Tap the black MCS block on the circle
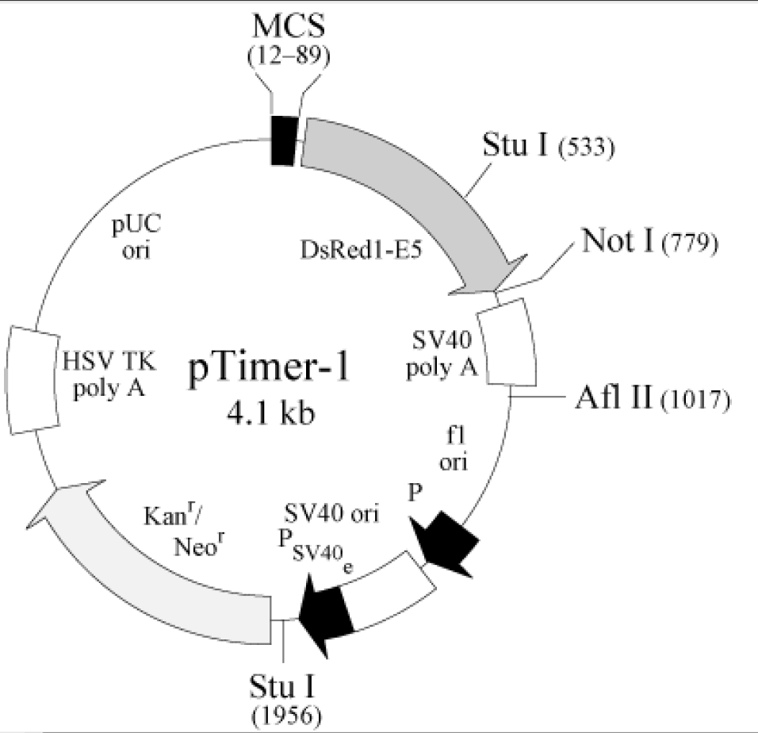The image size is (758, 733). click(x=283, y=140)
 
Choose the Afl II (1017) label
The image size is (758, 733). click(x=651, y=396)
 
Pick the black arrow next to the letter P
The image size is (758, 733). click(x=446, y=542)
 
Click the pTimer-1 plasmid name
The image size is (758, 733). click(x=269, y=373)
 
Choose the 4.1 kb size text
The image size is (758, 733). click(x=270, y=414)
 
